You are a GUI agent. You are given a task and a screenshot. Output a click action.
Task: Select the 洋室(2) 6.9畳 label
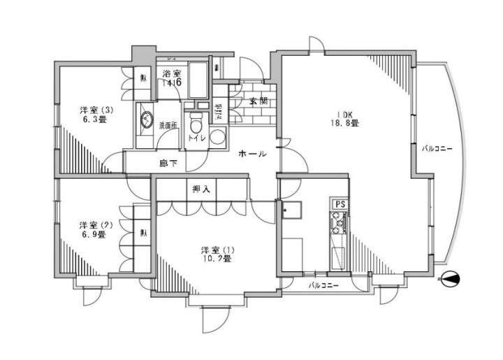[x=93, y=230]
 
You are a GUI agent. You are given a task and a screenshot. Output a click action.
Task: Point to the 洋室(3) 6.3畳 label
[x=93, y=114]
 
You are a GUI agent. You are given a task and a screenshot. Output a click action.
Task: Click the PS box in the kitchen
[x=340, y=203]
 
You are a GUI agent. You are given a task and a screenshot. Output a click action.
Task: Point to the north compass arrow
[x=451, y=280]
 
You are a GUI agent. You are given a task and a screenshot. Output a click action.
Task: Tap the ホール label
[x=251, y=153]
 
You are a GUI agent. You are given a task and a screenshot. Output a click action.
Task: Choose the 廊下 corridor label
[x=168, y=164]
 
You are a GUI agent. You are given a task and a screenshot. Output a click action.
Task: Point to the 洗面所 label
[x=168, y=126]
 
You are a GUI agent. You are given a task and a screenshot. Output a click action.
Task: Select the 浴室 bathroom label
[x=172, y=74]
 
